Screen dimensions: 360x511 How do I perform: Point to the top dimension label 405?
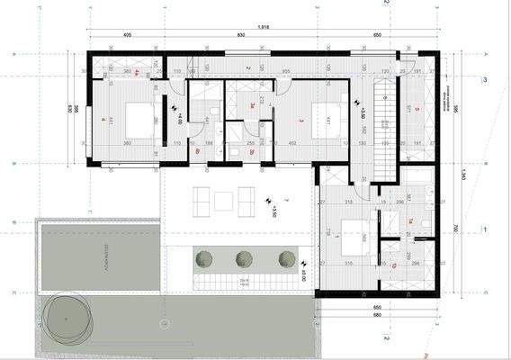pos(129,35)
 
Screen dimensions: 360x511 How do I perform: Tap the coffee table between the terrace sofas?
pos(223,199)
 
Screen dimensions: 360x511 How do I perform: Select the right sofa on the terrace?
pos(247,199)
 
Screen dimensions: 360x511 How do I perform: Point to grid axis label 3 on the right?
pos(485,80)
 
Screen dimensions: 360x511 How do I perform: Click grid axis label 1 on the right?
pos(485,230)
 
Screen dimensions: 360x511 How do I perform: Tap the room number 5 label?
pos(417,111)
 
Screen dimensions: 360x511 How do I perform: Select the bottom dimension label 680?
pos(377,315)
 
